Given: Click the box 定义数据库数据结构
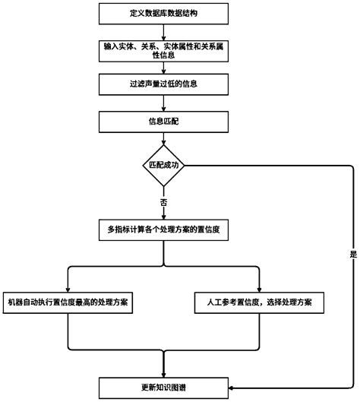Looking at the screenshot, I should (x=164, y=14).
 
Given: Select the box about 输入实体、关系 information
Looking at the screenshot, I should (x=164, y=50).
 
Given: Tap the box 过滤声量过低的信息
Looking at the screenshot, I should (x=164, y=83).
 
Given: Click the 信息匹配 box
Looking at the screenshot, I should (x=164, y=122).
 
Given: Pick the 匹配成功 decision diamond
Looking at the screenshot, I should (x=164, y=165).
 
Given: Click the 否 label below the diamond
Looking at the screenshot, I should (x=164, y=203).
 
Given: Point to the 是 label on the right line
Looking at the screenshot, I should (x=352, y=255).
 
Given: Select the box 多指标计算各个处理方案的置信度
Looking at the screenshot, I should (x=164, y=228).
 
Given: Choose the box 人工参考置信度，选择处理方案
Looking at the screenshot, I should (x=260, y=302).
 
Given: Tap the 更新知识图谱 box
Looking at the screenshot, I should (x=164, y=387).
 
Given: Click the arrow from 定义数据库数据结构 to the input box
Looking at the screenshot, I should (x=164, y=30).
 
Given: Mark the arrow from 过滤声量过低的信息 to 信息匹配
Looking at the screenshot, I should (x=164, y=103).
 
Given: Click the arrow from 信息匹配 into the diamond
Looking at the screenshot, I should (x=164, y=138).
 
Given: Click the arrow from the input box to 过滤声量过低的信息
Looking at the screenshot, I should (x=164, y=67).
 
